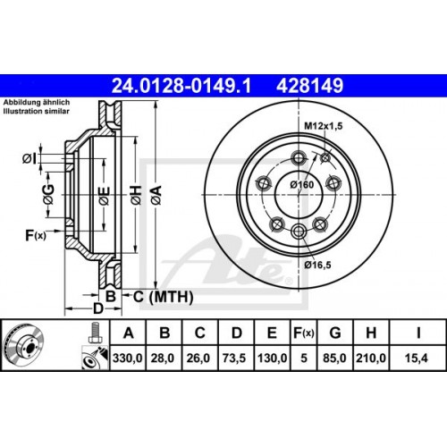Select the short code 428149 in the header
point(308,87)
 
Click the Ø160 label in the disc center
point(300,183)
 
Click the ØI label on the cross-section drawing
point(30,159)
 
